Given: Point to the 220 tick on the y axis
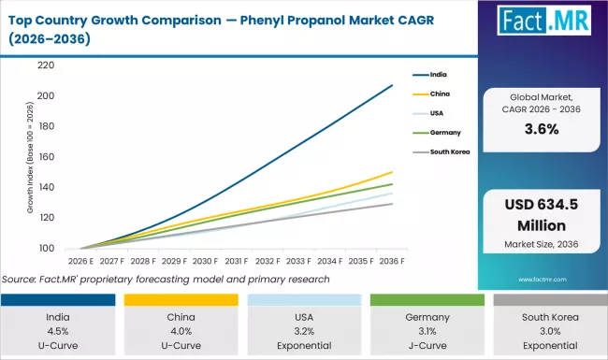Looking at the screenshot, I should pyautogui.click(x=45, y=65).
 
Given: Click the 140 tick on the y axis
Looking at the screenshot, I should pyautogui.click(x=45, y=188).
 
